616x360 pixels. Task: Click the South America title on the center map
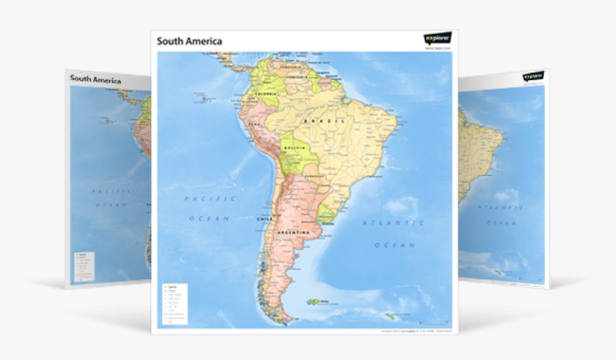click(190, 42)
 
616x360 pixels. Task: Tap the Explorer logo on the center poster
click(438, 39)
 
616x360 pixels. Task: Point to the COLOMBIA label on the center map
click(266, 94)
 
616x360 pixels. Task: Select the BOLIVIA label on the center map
click(294, 148)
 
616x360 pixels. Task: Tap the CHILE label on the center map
click(264, 218)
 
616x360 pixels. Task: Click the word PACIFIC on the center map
click(201, 198)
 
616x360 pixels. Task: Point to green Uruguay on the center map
click(326, 213)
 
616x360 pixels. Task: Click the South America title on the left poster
click(95, 79)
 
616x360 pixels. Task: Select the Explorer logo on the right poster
click(533, 76)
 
